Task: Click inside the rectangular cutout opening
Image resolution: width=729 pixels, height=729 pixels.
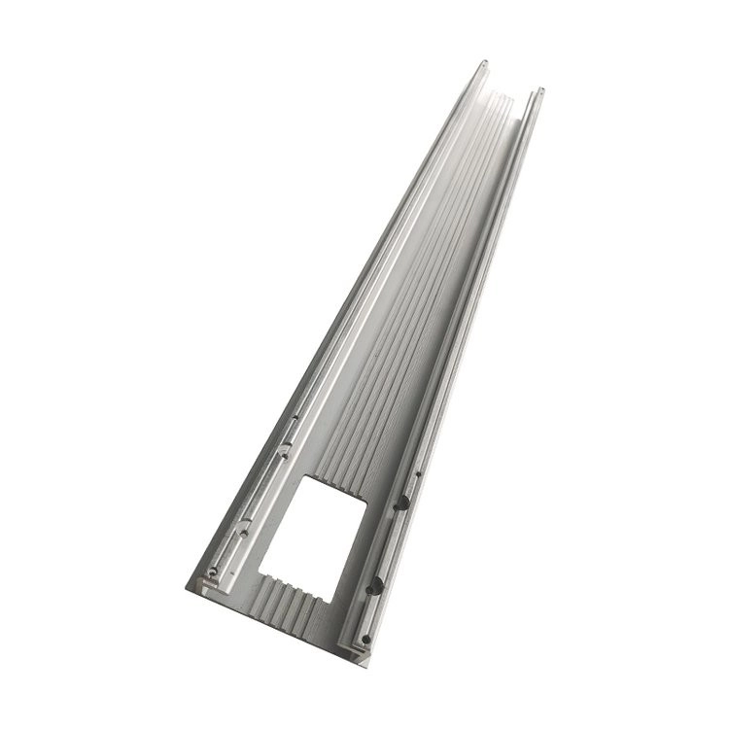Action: coord(321,525)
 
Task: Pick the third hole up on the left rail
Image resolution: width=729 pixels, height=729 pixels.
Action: coord(283,449)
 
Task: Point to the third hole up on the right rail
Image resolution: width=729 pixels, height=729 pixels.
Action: coord(399,502)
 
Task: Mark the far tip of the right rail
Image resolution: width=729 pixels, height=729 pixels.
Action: coord(540,90)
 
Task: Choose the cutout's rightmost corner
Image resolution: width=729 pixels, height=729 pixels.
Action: coord(366,497)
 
